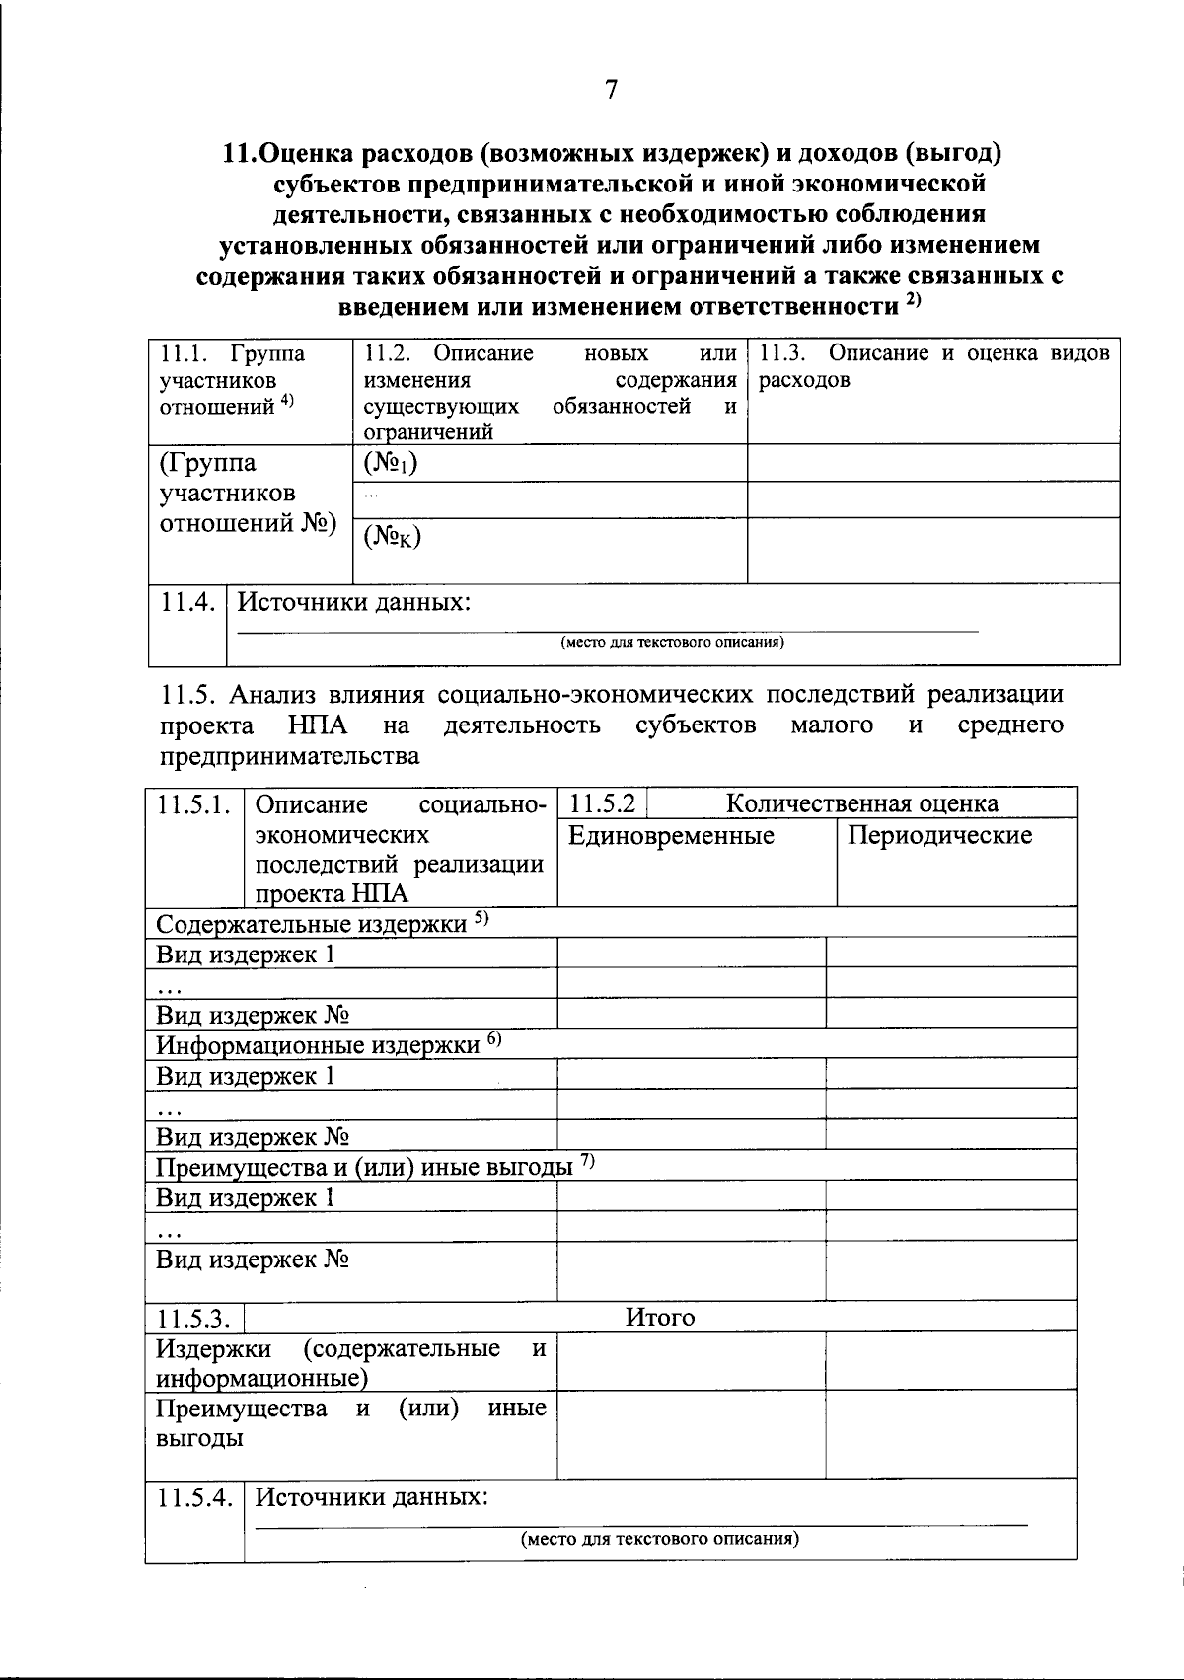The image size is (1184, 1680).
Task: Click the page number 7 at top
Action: coord(611,89)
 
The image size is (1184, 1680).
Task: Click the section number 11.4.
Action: coord(187,602)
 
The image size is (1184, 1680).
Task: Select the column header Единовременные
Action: coord(671,836)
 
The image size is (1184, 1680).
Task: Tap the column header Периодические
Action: coord(939,836)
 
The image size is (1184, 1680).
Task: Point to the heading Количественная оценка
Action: coord(861,803)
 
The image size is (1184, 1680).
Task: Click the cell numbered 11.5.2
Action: coord(602,803)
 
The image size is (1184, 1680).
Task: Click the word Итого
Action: coord(660,1317)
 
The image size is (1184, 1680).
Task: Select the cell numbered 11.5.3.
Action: coord(194,1318)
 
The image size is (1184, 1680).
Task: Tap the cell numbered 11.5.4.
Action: coord(194,1497)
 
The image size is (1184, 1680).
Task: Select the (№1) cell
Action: coord(390,463)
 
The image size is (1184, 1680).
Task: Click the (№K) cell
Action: coord(392,536)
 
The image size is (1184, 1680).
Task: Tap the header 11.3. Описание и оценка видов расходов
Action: coord(932,366)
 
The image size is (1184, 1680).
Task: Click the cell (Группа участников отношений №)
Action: coord(247,494)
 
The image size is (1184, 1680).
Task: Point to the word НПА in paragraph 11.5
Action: coord(318,725)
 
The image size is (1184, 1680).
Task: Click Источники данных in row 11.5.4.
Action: coord(372,1497)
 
